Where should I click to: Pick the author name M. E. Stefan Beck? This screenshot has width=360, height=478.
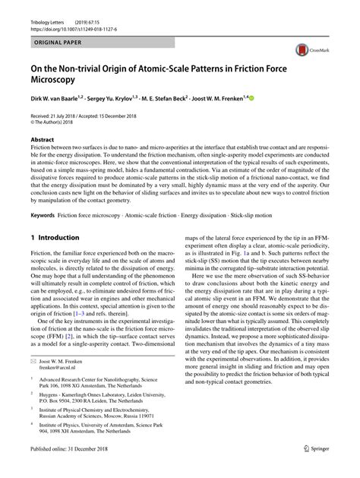180,98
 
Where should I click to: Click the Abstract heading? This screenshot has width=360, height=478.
42,141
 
